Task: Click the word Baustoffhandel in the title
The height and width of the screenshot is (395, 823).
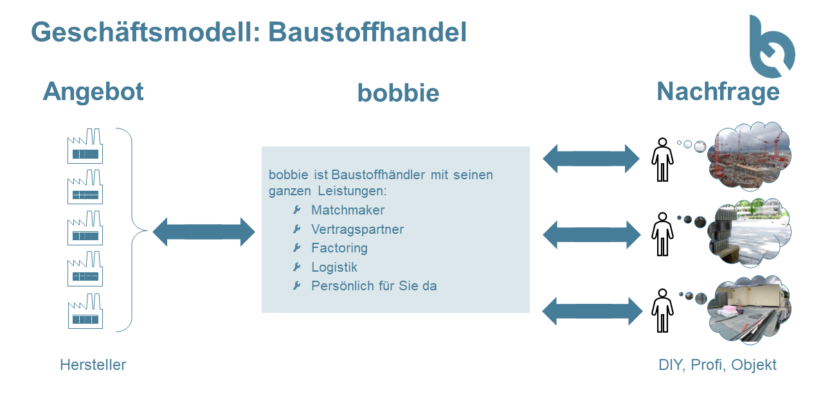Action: [x=367, y=32]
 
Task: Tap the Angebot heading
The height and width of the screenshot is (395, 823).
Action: [x=93, y=92]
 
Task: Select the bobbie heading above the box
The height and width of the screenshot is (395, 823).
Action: [x=398, y=93]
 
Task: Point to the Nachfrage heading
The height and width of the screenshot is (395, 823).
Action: [x=718, y=92]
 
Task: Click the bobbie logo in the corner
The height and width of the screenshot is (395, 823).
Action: [x=771, y=48]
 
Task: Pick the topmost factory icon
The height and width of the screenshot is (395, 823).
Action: [x=85, y=146]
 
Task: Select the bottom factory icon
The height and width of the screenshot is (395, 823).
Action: [x=86, y=311]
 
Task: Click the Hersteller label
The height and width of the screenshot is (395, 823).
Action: [x=93, y=365]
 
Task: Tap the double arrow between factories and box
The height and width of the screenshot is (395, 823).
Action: [x=204, y=232]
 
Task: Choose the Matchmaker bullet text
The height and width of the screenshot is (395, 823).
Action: [x=348, y=210]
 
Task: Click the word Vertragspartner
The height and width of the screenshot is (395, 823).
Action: [x=357, y=229]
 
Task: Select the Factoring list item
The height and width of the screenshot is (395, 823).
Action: [x=339, y=248]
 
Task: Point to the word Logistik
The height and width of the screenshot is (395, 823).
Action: [x=334, y=267]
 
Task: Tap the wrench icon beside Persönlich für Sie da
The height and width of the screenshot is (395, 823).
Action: [x=297, y=286]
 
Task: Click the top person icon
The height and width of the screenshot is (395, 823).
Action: [x=662, y=160]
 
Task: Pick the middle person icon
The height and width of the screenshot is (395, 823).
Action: [x=662, y=234]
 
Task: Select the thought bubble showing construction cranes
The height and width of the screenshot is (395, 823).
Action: [x=750, y=156]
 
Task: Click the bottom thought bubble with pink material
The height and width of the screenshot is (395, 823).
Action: [x=750, y=310]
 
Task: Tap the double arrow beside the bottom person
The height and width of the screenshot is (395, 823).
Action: [x=592, y=312]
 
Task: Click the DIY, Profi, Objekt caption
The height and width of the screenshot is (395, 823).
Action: [x=717, y=365]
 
